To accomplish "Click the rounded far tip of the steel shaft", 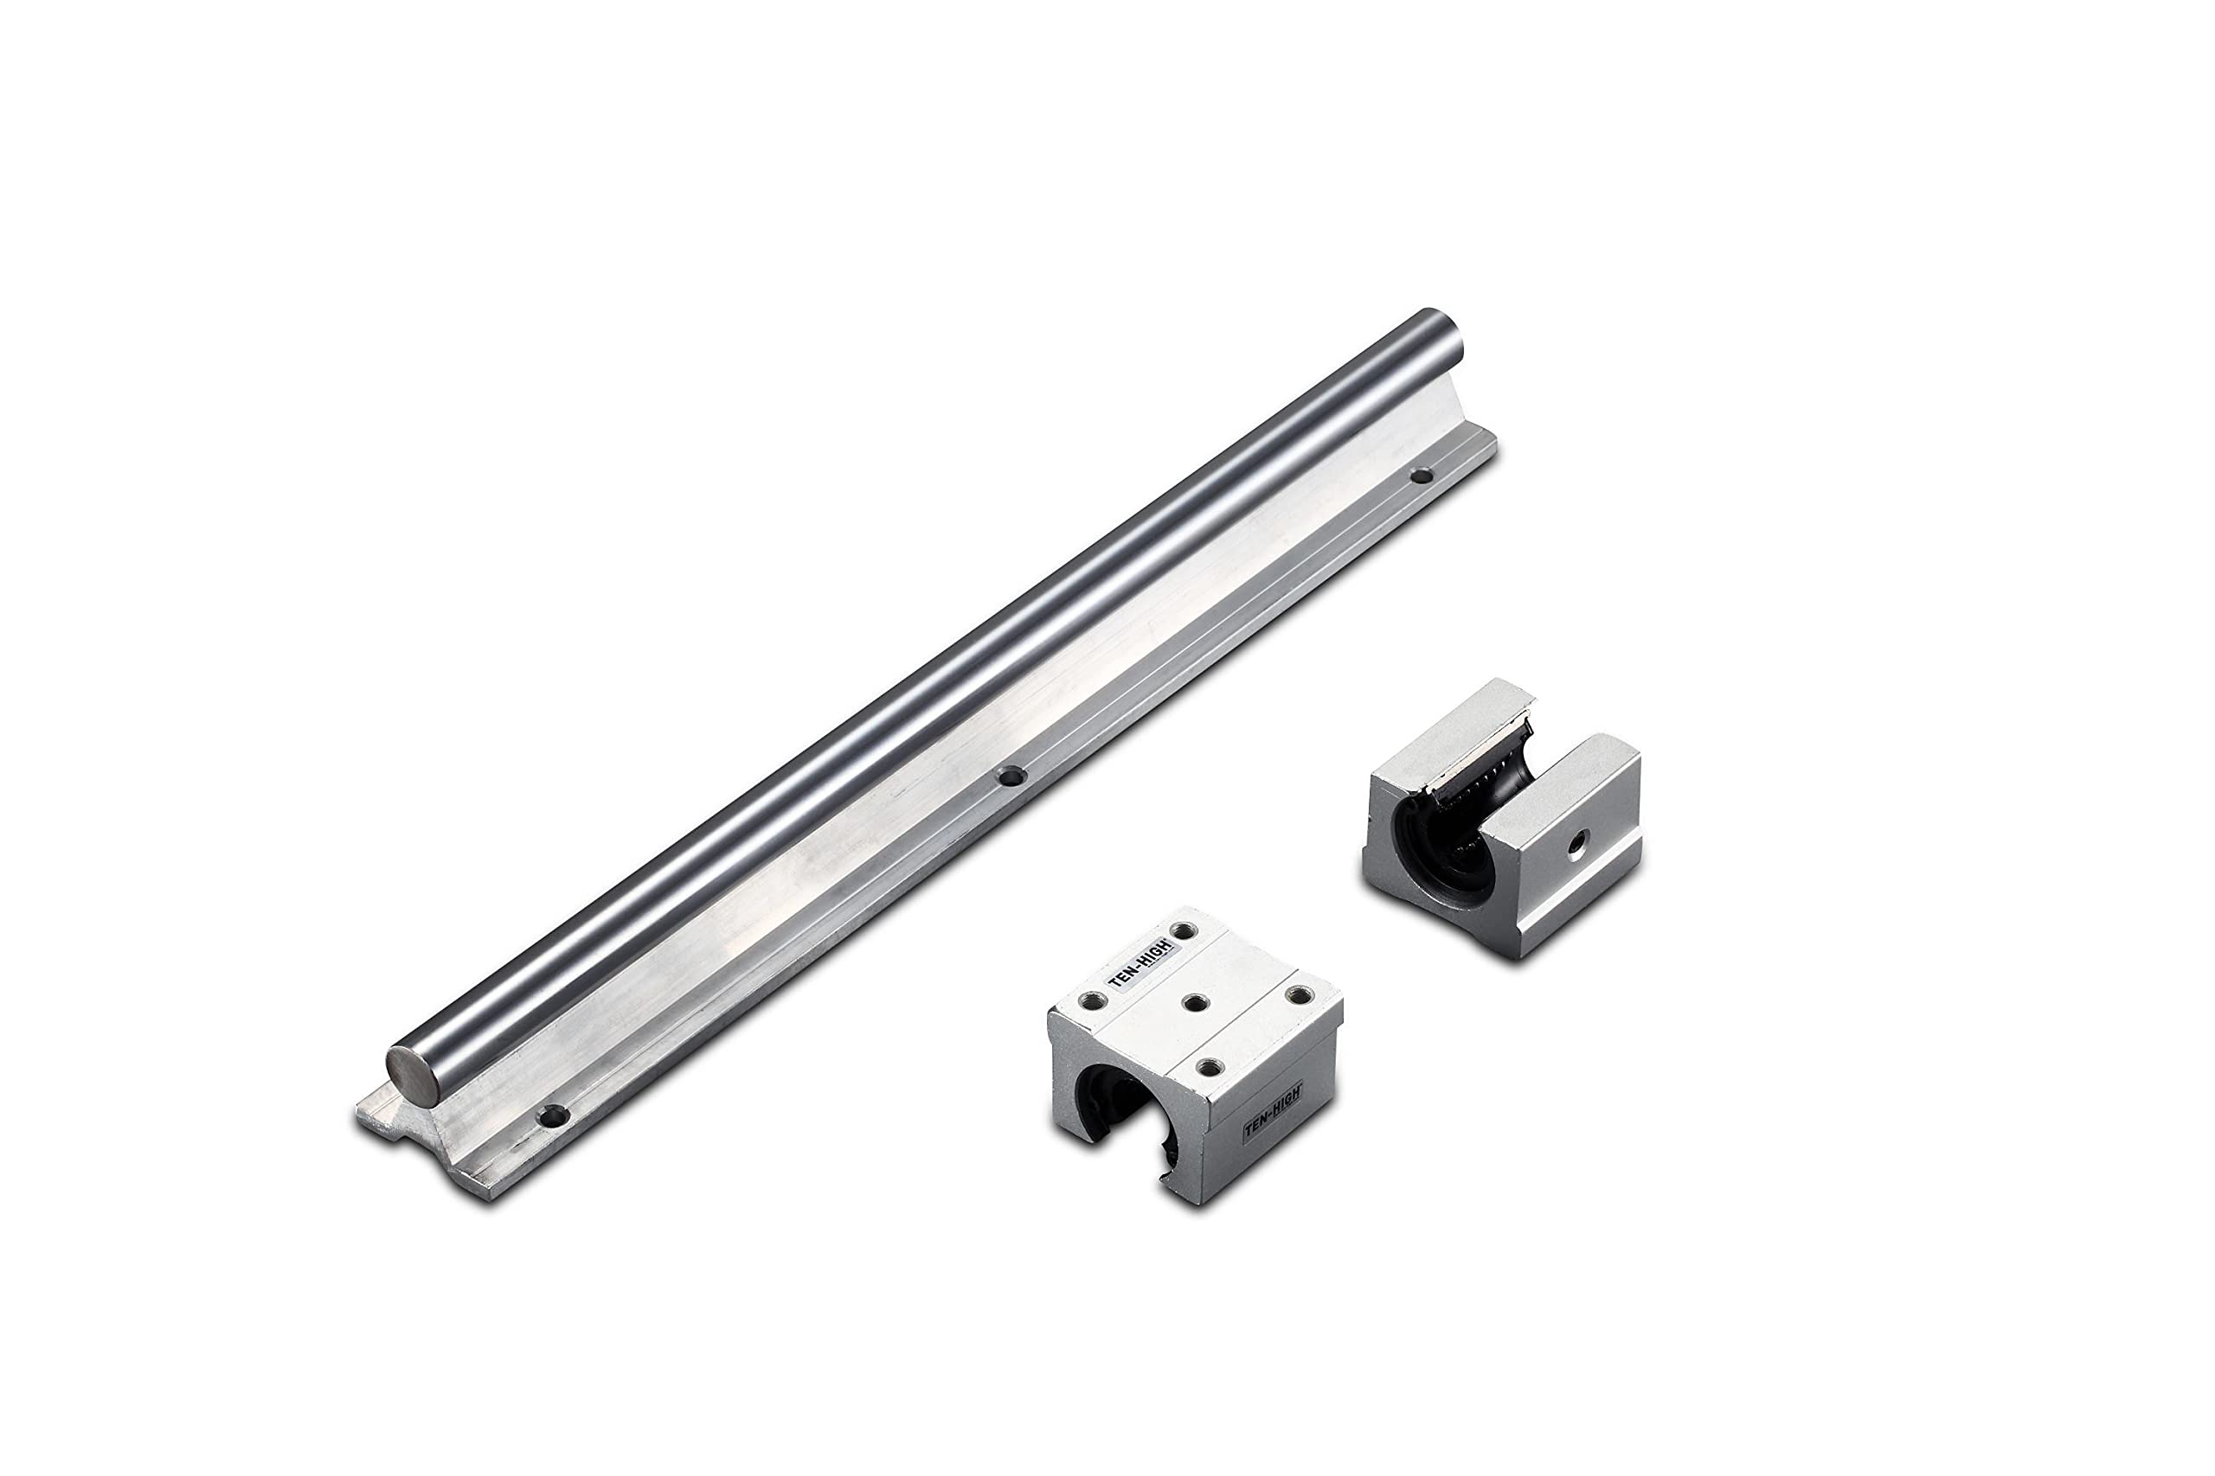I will pyautogui.click(x=1447, y=334).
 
